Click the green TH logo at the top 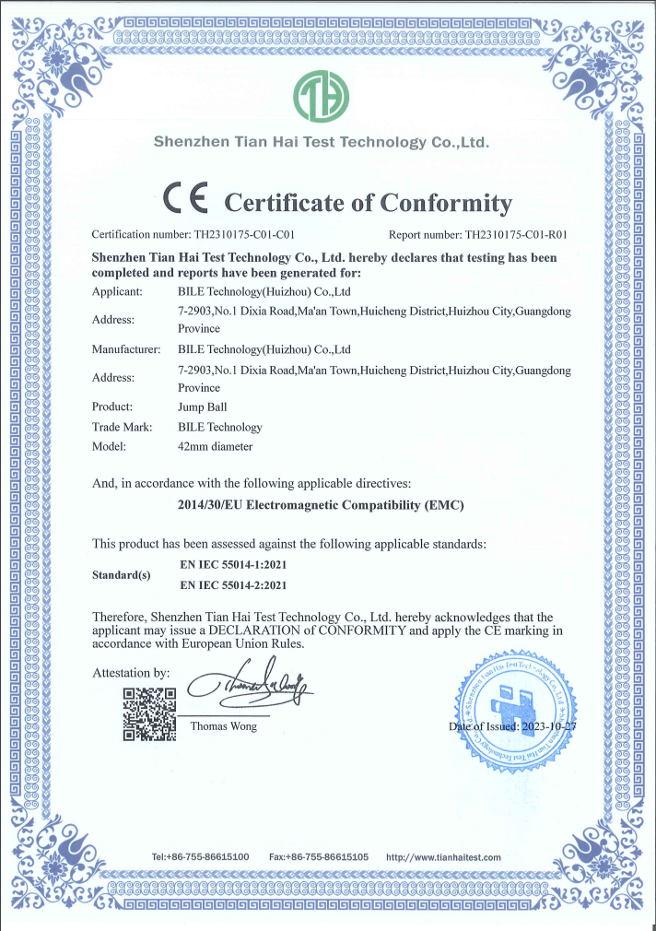pos(321,96)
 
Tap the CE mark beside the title pos(186,198)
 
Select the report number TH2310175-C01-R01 pos(515,235)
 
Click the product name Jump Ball pos(201,407)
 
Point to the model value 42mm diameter pos(215,447)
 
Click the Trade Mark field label pos(122,427)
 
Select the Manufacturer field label pos(126,349)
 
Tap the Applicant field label pos(117,291)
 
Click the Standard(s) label pos(121,575)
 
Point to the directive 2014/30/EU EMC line pos(320,505)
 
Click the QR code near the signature pos(149,713)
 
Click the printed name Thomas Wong pos(224,726)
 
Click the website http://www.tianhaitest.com pos(443,857)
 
